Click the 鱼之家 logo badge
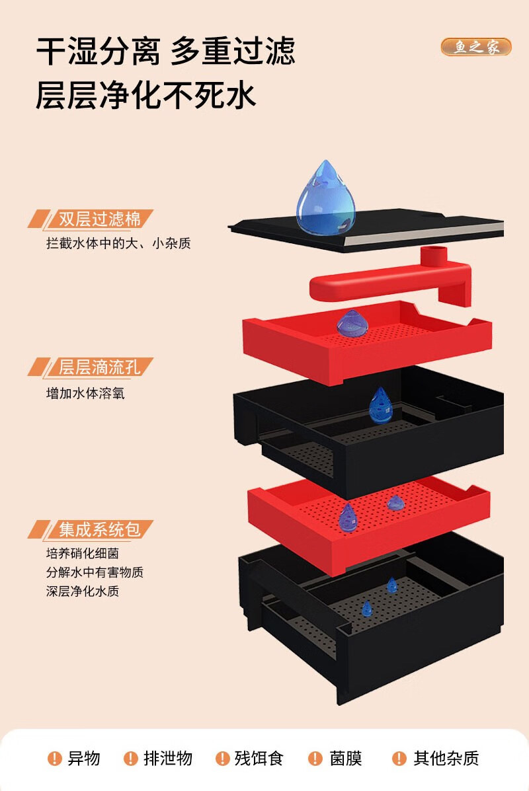(475, 47)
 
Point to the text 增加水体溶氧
(85, 394)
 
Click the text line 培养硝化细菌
(83, 554)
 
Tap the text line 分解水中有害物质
(95, 572)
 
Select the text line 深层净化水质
(83, 591)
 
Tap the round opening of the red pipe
(434, 252)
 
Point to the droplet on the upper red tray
(352, 322)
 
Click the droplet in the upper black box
(380, 405)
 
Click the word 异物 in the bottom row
(84, 759)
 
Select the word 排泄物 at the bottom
(168, 759)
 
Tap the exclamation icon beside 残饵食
(222, 759)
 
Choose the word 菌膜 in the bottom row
(346, 759)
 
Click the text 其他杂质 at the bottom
(446, 759)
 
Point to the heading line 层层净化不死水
(145, 94)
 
